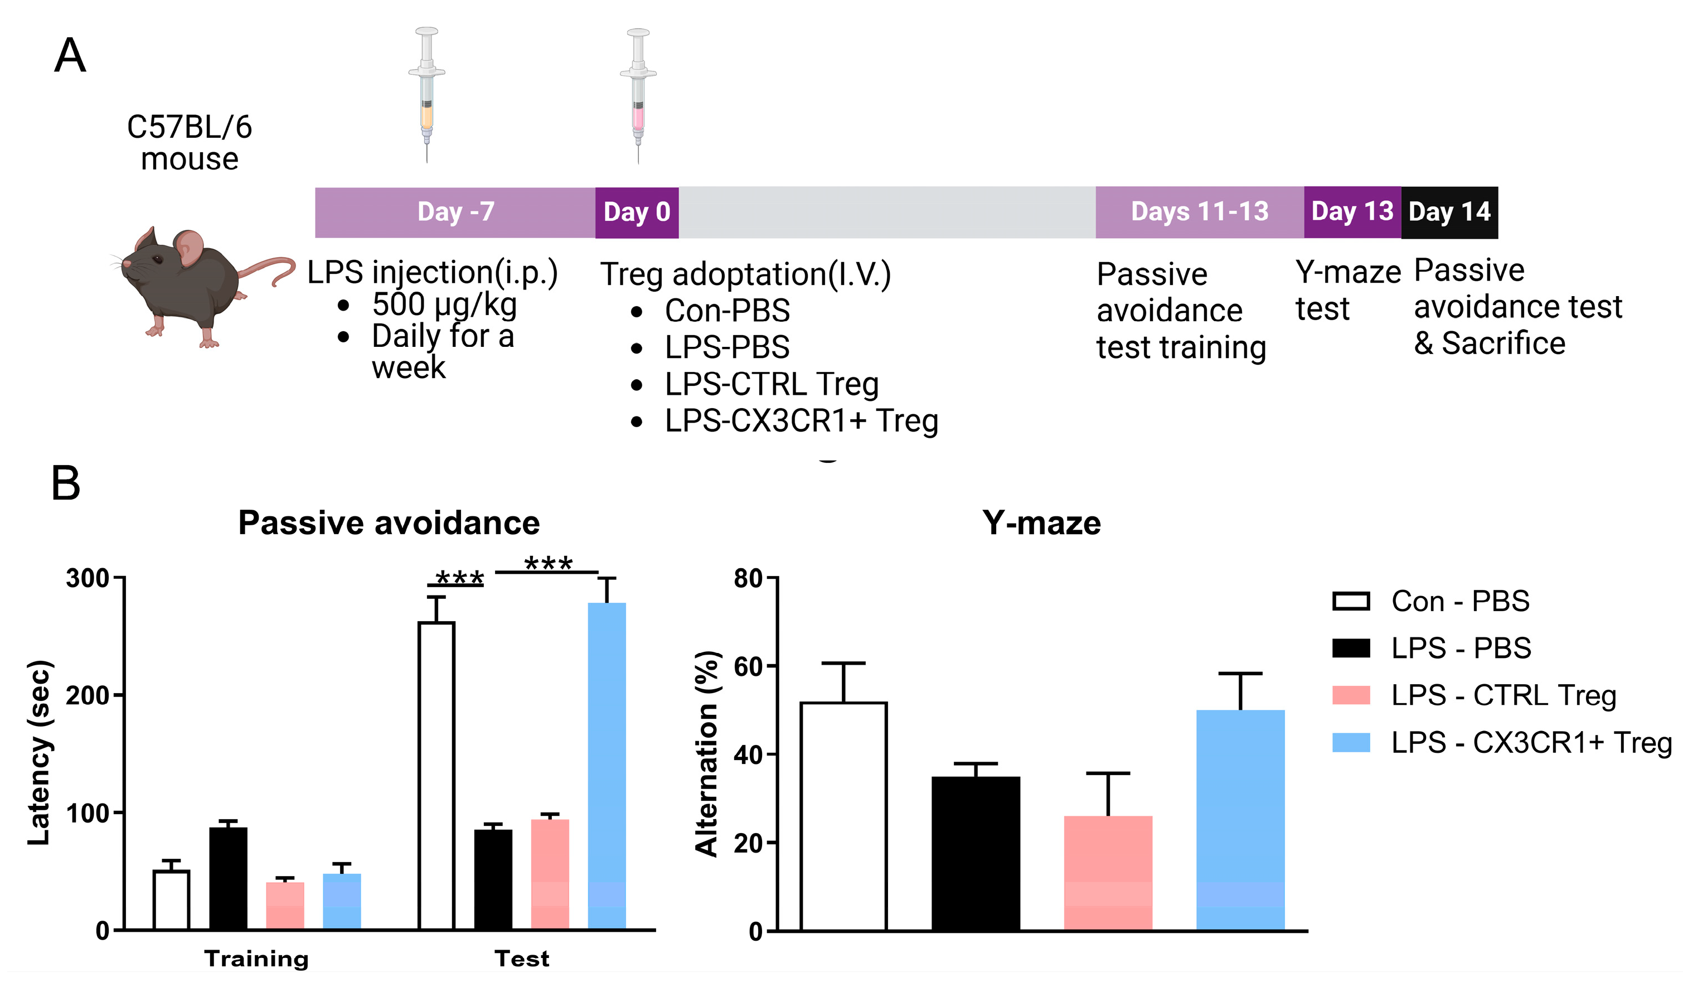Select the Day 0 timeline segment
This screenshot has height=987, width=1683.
point(637,212)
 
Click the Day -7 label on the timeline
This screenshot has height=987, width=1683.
point(455,212)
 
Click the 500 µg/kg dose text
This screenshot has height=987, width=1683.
point(444,304)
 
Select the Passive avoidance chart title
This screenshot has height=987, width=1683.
point(389,522)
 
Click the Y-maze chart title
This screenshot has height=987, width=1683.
point(1041,522)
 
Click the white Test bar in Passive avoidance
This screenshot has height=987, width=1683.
point(436,775)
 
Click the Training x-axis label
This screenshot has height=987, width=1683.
point(256,958)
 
